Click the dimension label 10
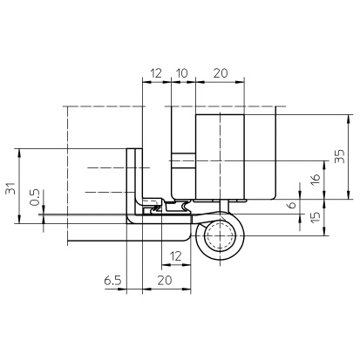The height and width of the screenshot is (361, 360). (x=182, y=73)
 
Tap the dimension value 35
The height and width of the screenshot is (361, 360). (x=340, y=156)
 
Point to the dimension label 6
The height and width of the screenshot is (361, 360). (x=291, y=205)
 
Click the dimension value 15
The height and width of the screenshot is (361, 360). (x=315, y=216)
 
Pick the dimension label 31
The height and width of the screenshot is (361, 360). (x=10, y=188)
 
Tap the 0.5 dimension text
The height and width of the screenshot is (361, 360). (x=35, y=197)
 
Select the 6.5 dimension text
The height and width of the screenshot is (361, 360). (x=112, y=281)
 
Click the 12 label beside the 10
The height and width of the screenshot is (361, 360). (x=156, y=73)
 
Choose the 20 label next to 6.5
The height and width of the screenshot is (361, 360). (x=165, y=281)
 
